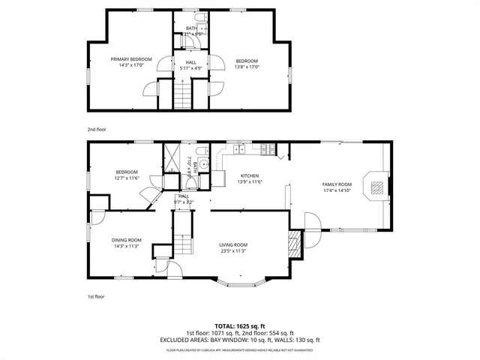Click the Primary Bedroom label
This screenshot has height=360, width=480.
click(131, 59)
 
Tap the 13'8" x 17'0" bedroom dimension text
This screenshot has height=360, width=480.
click(247, 67)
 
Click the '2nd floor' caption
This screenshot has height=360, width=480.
click(97, 129)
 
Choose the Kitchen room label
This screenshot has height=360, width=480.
click(248, 176)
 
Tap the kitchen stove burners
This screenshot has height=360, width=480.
click(265, 153)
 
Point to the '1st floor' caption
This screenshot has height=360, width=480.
click(96, 297)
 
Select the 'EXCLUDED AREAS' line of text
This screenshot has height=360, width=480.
click(239, 340)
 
